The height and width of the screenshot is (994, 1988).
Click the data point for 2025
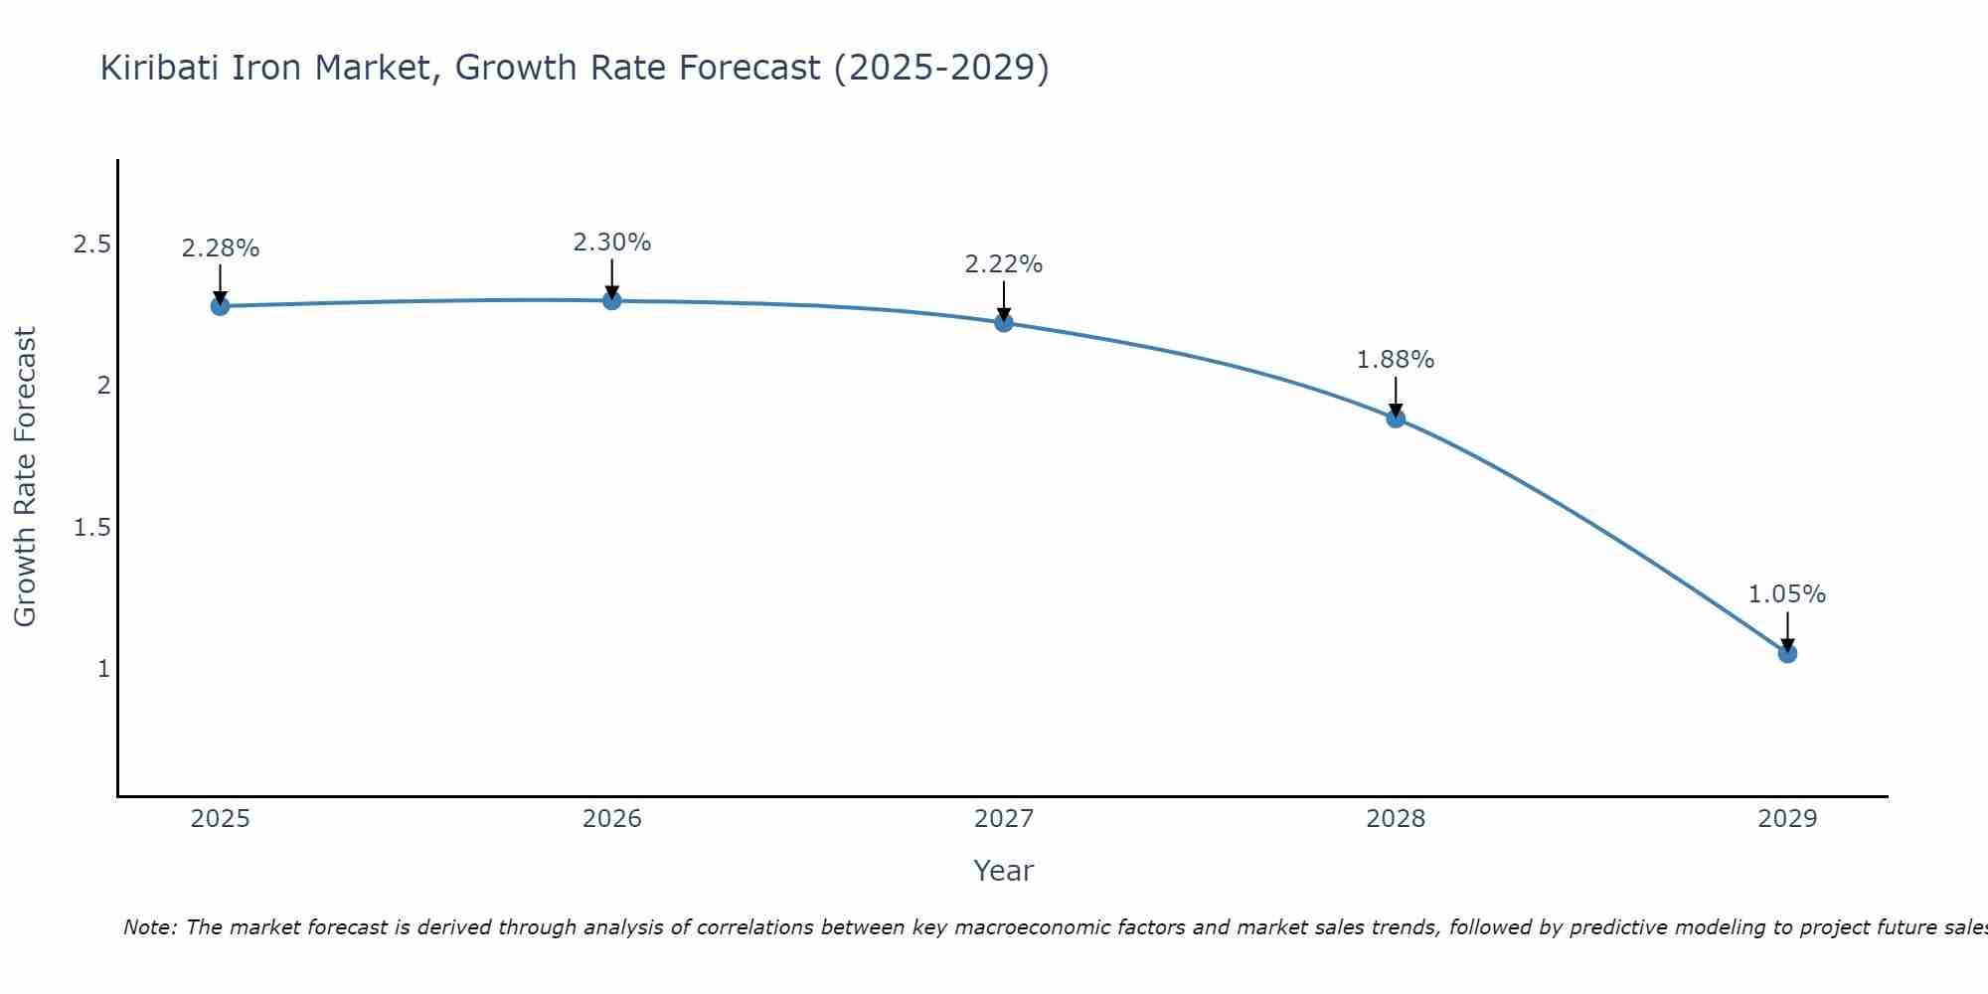(x=221, y=306)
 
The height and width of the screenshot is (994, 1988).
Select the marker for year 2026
(x=612, y=300)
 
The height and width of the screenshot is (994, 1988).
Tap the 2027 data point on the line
(x=1004, y=323)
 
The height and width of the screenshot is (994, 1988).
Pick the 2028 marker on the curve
(x=1396, y=418)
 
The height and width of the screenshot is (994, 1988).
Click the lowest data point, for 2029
(x=1787, y=653)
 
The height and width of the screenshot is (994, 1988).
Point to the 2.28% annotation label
(x=221, y=248)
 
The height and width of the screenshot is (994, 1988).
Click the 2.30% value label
(x=612, y=243)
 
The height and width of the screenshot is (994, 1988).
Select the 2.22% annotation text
(x=1004, y=264)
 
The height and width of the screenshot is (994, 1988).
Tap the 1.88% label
(x=1396, y=360)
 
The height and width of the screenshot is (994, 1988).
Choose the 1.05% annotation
(x=1787, y=594)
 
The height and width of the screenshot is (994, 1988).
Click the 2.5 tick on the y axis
(x=91, y=245)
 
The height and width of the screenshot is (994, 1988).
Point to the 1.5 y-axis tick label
(x=91, y=527)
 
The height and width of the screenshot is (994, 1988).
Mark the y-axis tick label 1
(x=103, y=668)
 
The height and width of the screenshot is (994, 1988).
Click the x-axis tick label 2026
(x=612, y=819)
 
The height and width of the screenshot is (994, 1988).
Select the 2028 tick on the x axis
(x=1396, y=819)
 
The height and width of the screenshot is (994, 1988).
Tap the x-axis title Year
(x=1004, y=871)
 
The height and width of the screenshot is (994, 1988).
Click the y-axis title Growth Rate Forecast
(x=25, y=477)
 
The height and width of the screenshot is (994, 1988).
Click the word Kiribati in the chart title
(x=160, y=68)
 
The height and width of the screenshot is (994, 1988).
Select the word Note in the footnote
(x=148, y=927)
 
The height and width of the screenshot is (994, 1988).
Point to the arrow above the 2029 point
(x=1787, y=630)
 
